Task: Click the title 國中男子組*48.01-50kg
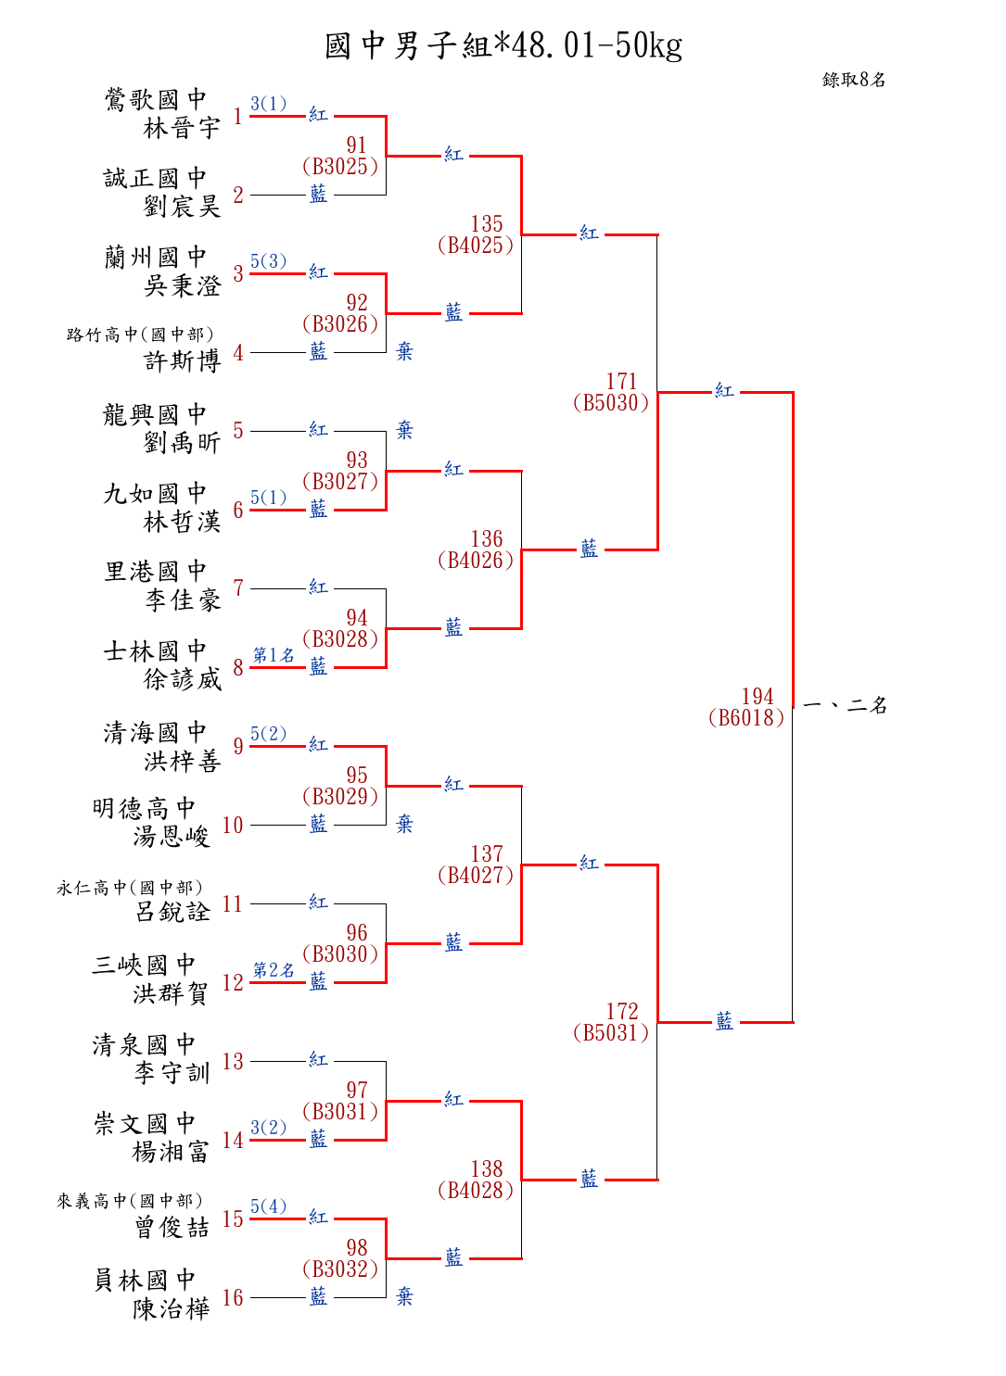[x=503, y=45]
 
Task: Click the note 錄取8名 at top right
[x=853, y=80]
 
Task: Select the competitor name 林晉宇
[x=182, y=128]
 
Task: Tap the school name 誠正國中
[x=155, y=178]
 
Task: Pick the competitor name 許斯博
[x=182, y=360]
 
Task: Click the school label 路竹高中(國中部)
[x=140, y=335]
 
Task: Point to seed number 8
[x=238, y=667]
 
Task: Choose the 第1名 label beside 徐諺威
[x=274, y=655]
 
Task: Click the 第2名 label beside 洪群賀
[x=274, y=970]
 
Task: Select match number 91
[x=357, y=145]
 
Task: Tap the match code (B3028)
[x=340, y=639]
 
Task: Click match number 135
[x=487, y=224]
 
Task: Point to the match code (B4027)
[x=476, y=876]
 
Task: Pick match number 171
[x=622, y=382]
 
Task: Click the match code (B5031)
[x=611, y=1033]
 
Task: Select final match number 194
[x=758, y=697]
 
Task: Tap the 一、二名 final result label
[x=845, y=706]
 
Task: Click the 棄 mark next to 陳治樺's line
[x=404, y=1296]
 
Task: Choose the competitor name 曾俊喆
[x=172, y=1228]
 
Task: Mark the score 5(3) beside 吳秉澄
[x=268, y=261]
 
